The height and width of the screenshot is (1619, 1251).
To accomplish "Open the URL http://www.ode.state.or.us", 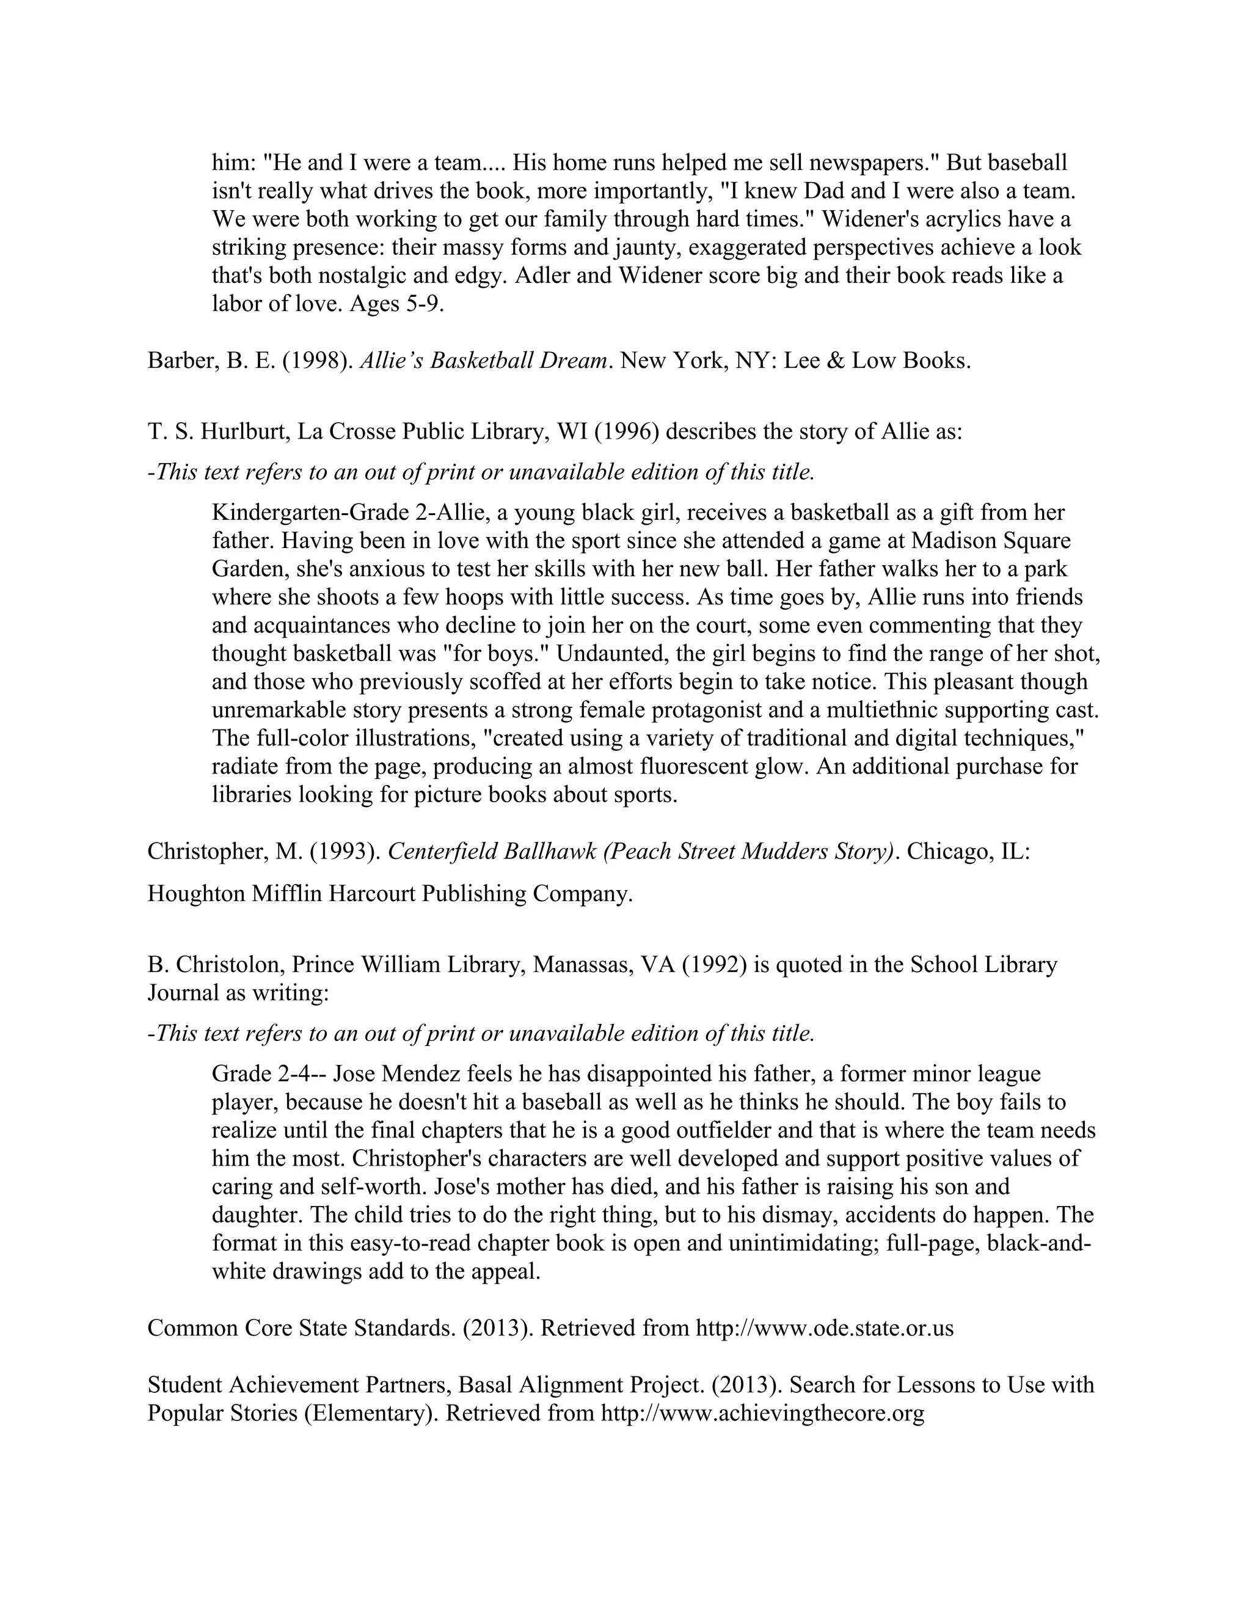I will (824, 1328).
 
